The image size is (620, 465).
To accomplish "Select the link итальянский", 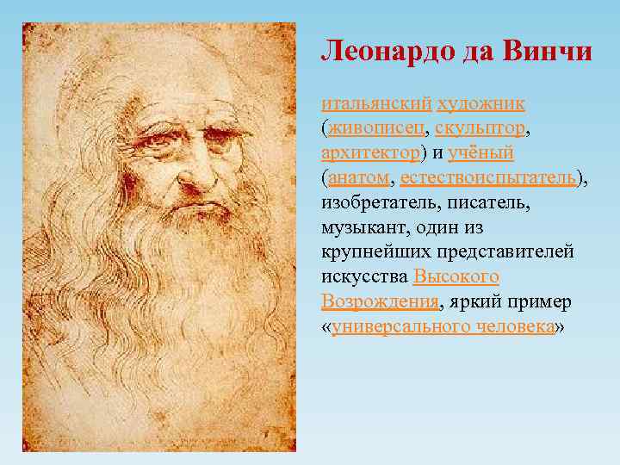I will click(376, 103).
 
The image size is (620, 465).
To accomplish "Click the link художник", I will click(481, 103).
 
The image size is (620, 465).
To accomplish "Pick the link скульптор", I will click(480, 128).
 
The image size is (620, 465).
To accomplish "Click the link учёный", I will click(480, 152).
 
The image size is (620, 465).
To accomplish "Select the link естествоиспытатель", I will click(488, 177).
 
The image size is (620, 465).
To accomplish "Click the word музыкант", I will click(365, 227).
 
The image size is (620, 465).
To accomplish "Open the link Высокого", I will click(456, 277).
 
